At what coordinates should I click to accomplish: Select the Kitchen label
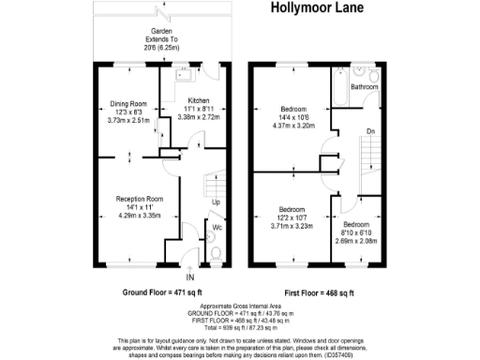[x=199, y=100]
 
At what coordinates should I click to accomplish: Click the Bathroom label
[x=365, y=87]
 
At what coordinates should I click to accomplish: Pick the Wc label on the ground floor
[x=217, y=228]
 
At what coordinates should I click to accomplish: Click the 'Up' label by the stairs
[x=216, y=202]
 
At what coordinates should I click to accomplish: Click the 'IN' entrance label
[x=190, y=278]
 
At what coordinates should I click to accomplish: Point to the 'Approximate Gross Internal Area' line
[x=239, y=306]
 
